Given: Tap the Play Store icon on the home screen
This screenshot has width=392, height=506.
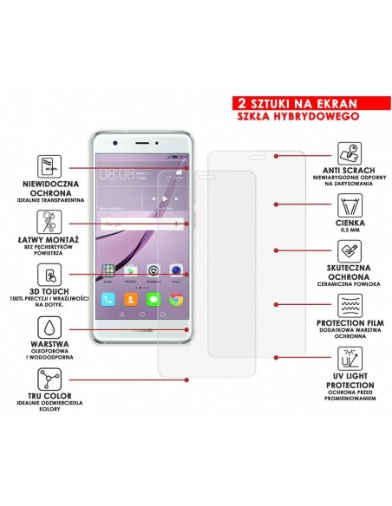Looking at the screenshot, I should click(x=130, y=270).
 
